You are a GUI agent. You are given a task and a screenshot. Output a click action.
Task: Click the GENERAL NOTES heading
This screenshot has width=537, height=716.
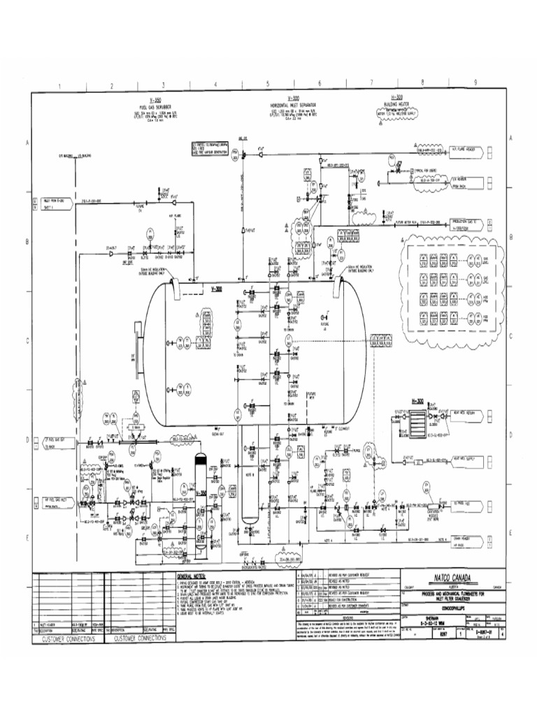tap(190, 572)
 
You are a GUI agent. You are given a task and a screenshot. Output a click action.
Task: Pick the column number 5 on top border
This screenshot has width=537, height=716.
tap(267, 86)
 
